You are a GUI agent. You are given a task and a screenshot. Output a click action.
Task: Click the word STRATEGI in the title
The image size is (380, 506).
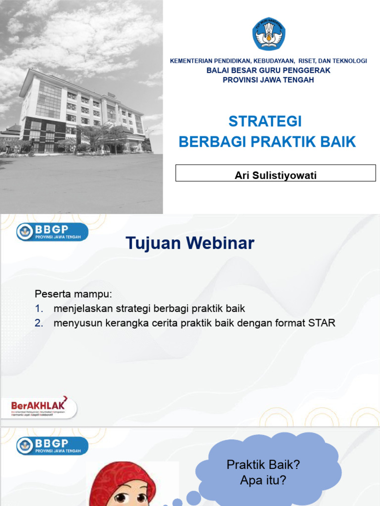(x=265, y=122)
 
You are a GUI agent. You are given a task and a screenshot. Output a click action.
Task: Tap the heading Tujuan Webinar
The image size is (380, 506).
(x=190, y=243)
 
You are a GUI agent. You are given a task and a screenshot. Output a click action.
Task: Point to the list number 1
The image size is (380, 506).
(x=39, y=309)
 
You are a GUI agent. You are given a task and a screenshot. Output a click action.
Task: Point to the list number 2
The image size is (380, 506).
(x=39, y=323)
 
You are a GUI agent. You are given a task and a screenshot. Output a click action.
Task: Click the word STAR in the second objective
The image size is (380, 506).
(x=322, y=323)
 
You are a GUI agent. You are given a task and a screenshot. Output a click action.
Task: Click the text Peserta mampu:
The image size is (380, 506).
(x=74, y=294)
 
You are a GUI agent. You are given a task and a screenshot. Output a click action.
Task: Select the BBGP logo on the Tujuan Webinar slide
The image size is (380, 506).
(x=52, y=231)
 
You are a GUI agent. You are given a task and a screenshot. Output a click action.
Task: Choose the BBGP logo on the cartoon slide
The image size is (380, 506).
(x=52, y=445)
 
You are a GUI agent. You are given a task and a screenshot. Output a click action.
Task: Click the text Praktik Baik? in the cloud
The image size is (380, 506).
(x=263, y=465)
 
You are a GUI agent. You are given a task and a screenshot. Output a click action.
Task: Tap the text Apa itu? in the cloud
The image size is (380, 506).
(x=263, y=479)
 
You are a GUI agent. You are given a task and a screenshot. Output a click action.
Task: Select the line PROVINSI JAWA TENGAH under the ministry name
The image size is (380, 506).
(x=268, y=80)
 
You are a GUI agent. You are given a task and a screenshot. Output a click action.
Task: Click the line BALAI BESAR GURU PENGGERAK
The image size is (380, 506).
(x=268, y=71)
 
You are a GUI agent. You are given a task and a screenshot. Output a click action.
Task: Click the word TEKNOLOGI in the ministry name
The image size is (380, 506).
(x=349, y=61)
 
